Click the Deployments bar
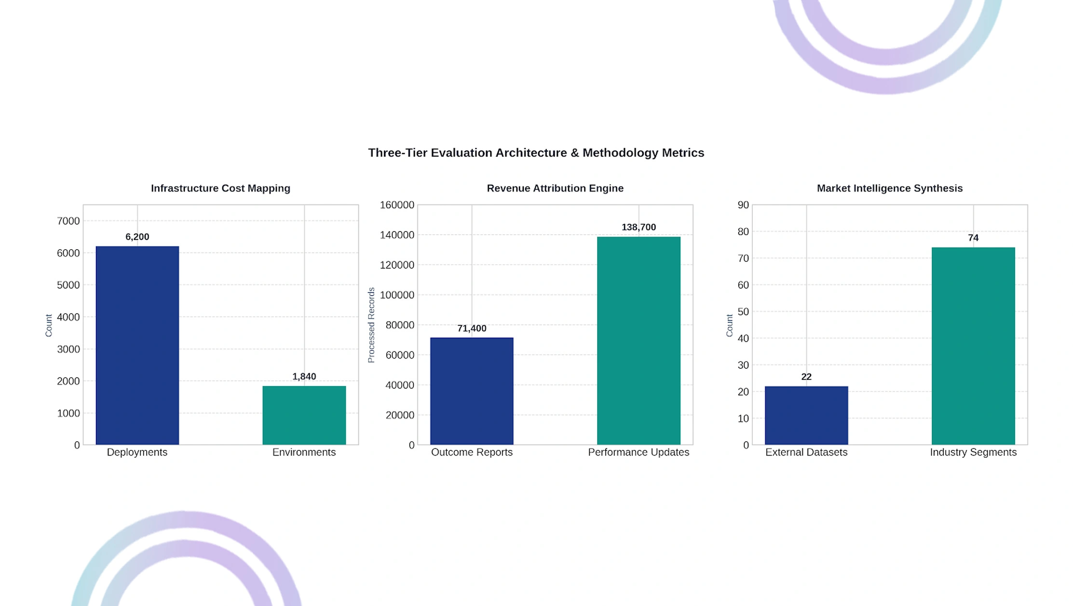click(137, 345)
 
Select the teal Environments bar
click(304, 415)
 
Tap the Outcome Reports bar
click(472, 391)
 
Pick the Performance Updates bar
click(638, 340)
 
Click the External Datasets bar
click(806, 415)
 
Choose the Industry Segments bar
click(973, 346)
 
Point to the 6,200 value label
click(137, 237)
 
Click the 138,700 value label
click(638, 227)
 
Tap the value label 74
click(973, 238)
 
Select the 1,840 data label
click(304, 377)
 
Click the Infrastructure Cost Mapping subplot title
click(220, 188)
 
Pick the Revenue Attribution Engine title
click(555, 188)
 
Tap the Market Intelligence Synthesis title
click(890, 188)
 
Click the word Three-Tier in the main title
click(398, 153)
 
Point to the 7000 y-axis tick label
click(68, 221)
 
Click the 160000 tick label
click(397, 205)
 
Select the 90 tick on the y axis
click(743, 205)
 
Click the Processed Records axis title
click(371, 325)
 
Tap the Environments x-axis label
click(304, 452)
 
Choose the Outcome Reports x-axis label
click(472, 452)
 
